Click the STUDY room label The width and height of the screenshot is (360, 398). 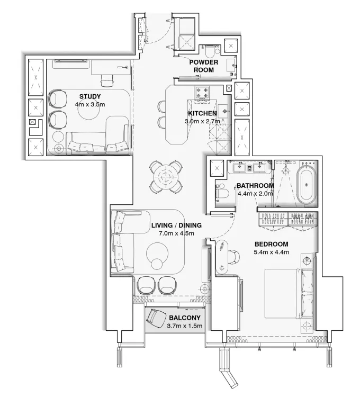pyautogui.click(x=90, y=96)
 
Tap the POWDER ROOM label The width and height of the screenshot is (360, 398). pyautogui.click(x=204, y=66)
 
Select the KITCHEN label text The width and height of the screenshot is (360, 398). pyautogui.click(x=202, y=113)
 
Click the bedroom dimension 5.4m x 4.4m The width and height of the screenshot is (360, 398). pyautogui.click(x=271, y=252)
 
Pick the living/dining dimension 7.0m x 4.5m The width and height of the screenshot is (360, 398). pyautogui.click(x=173, y=233)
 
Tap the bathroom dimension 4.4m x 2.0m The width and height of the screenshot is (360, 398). pyautogui.click(x=255, y=194)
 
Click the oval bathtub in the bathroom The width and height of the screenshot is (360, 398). pyautogui.click(x=305, y=185)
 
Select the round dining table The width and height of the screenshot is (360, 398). pyautogui.click(x=167, y=176)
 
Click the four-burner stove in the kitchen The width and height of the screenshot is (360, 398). pyautogui.click(x=203, y=93)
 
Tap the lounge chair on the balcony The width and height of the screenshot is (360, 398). pyautogui.click(x=156, y=318)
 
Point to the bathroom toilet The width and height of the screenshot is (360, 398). pyautogui.click(x=222, y=195)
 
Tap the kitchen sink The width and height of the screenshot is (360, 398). pyautogui.click(x=224, y=111)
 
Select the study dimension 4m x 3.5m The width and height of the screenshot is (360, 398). pyautogui.click(x=90, y=105)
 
